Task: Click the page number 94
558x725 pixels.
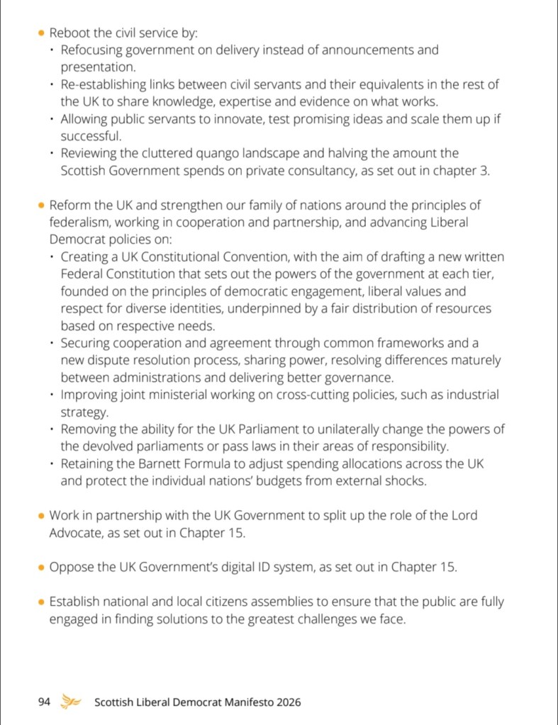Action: coord(44,702)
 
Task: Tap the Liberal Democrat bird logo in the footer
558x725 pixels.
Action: coord(70,702)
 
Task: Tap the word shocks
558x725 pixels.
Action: coord(406,480)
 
